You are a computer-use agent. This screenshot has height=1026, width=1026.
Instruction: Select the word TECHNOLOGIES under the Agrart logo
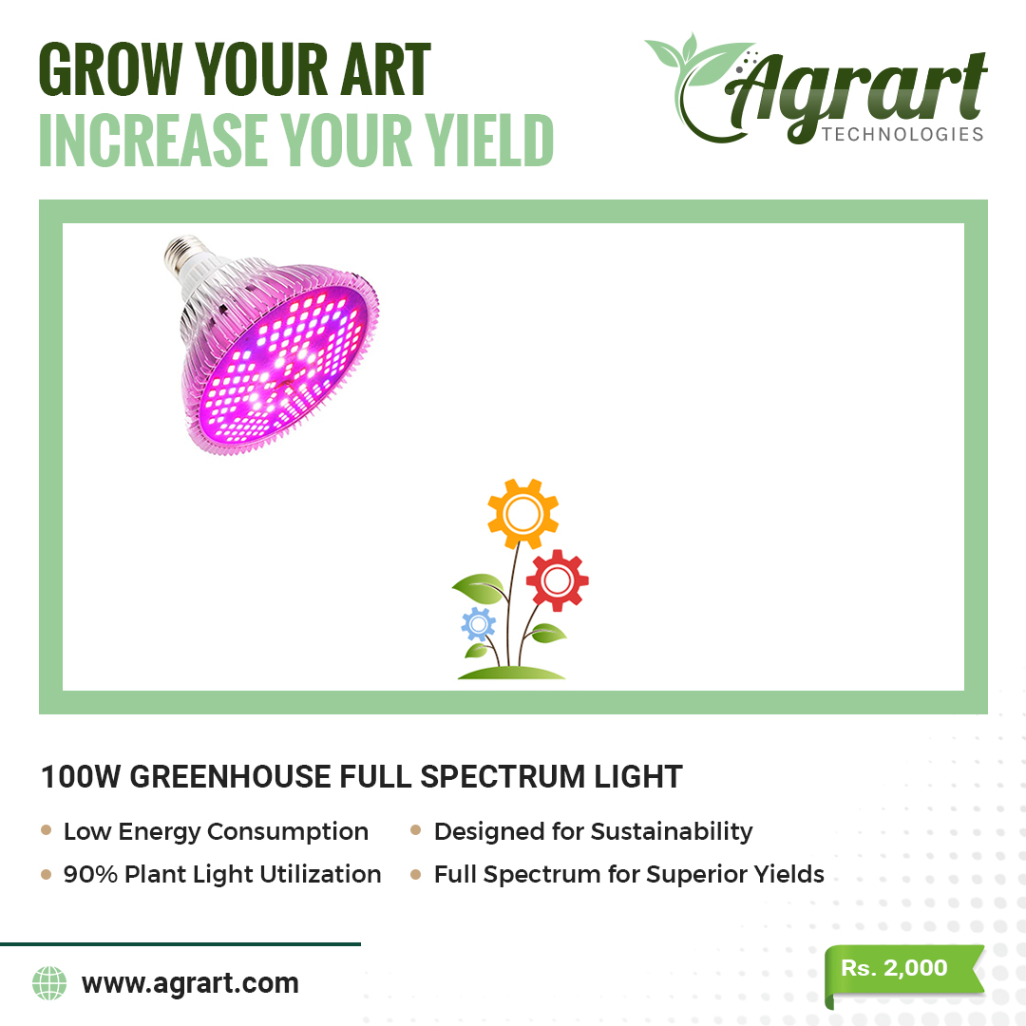click(x=903, y=134)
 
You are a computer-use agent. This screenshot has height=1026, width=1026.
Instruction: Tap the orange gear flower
click(x=522, y=514)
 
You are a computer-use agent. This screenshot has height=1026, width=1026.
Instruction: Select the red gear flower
click(x=558, y=579)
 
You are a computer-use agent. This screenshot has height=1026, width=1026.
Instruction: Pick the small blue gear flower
click(x=478, y=625)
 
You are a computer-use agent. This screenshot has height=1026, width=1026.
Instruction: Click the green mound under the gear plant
click(x=511, y=673)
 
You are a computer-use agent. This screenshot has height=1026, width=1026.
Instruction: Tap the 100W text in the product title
click(x=81, y=777)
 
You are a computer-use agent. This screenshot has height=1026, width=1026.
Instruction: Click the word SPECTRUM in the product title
click(x=503, y=777)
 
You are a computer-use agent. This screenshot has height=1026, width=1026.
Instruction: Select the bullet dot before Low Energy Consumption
click(x=46, y=830)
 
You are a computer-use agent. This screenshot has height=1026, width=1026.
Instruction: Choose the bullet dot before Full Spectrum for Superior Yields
click(x=415, y=874)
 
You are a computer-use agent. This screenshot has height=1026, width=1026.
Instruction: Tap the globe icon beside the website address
click(x=49, y=983)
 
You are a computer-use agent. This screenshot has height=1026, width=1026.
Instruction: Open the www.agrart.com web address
click(x=190, y=983)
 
